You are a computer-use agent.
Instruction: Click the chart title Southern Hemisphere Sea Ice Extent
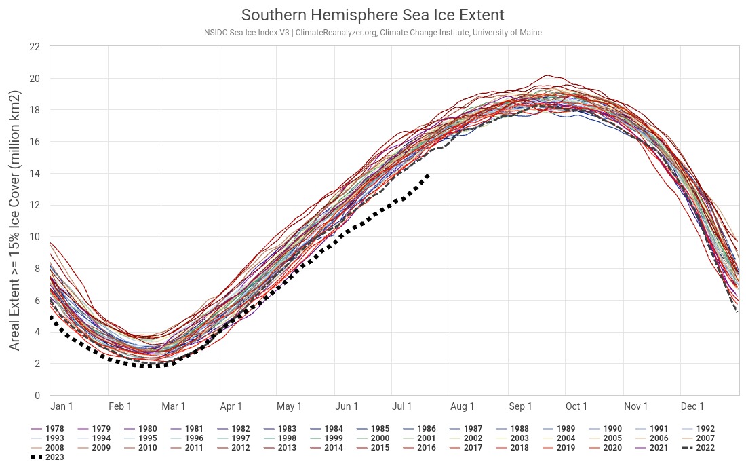coord(373,15)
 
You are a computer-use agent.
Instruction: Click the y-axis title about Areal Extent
coord(14,221)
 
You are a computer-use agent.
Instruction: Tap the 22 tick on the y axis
coord(35,47)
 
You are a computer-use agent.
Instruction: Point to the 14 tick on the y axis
coord(35,174)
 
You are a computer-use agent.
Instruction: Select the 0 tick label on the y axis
coord(37,395)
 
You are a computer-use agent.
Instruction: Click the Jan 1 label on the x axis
coord(62,406)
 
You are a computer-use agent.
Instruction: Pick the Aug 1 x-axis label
coord(463,406)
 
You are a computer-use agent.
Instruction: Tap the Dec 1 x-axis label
coord(692,406)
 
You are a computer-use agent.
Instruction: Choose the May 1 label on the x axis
coord(290,406)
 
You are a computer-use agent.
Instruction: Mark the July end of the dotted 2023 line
coord(428,175)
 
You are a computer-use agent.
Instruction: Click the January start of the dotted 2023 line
coord(51,317)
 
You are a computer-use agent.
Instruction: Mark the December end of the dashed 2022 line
coord(737,311)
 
